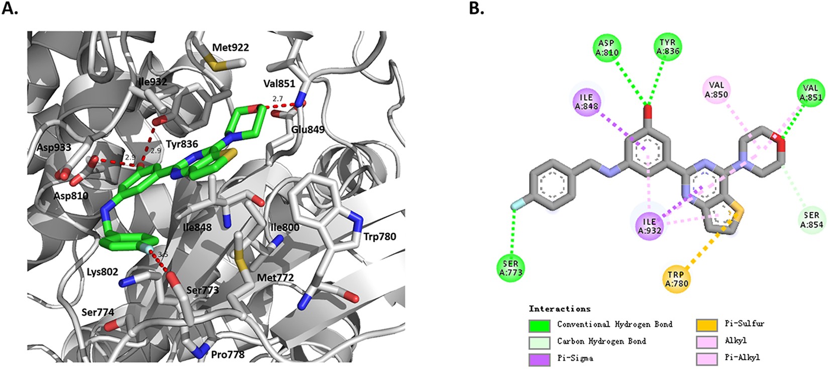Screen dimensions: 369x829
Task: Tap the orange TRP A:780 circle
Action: coord(676,279)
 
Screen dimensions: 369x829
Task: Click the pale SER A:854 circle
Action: coord(811,220)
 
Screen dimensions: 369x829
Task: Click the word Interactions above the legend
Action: coord(559,309)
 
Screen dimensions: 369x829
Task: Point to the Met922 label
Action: coord(230,48)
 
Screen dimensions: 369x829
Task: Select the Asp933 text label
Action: coord(54,148)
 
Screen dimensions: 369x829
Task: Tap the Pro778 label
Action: coord(228,354)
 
